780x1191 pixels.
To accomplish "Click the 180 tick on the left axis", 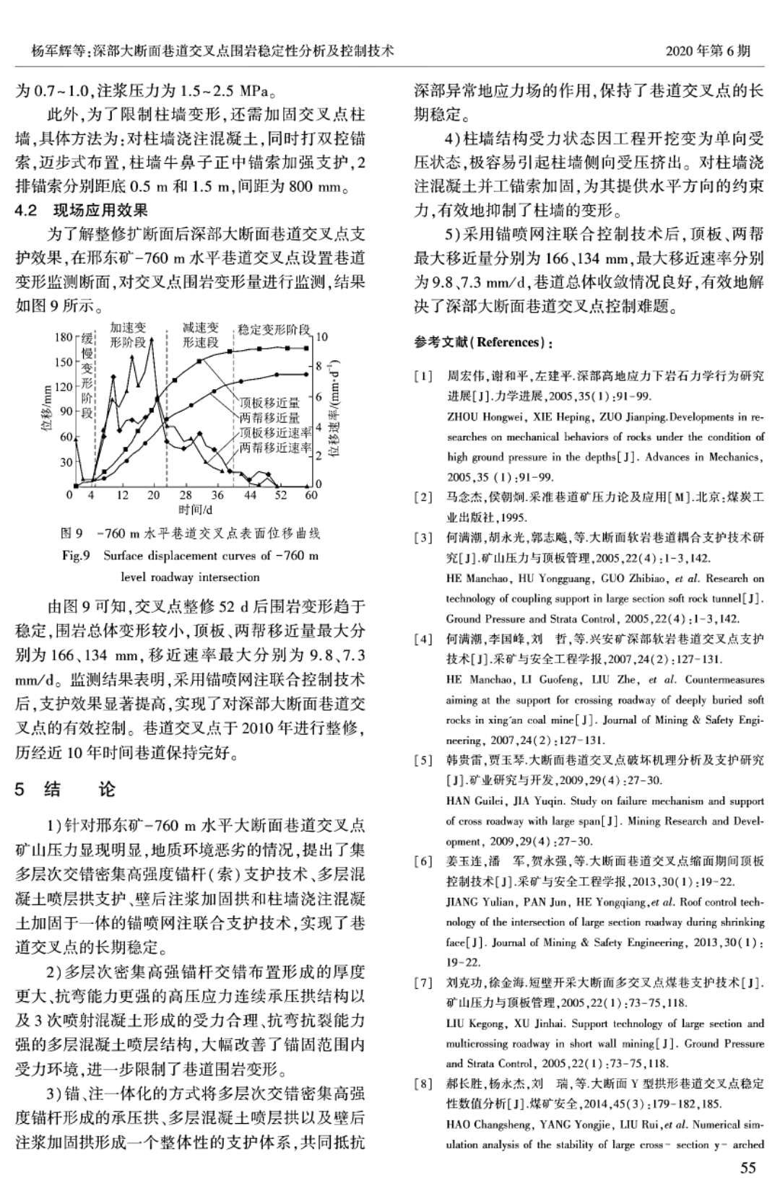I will [x=63, y=337].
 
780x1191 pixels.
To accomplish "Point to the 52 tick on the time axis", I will [x=281, y=495].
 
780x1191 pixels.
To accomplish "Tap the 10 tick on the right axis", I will [x=322, y=337].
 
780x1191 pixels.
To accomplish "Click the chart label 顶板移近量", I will [x=269, y=403].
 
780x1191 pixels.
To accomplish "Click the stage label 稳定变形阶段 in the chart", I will [x=274, y=329].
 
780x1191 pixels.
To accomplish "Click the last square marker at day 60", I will [x=308, y=349].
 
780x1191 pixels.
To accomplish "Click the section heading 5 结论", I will [x=64, y=789].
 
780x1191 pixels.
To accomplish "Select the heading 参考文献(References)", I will [x=483, y=341].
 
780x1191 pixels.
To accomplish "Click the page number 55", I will [x=748, y=1168].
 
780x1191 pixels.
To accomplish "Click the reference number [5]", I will [x=423, y=759].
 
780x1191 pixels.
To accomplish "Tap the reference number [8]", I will [x=423, y=1083].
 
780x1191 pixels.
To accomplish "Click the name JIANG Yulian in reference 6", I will [x=480, y=902].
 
